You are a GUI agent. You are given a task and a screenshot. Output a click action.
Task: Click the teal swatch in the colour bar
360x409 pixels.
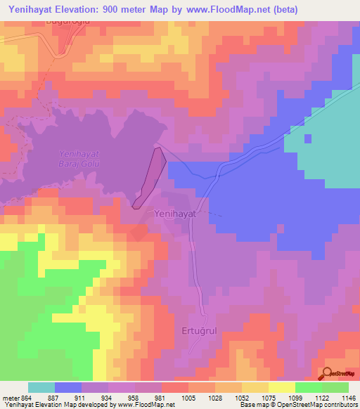point(41,387)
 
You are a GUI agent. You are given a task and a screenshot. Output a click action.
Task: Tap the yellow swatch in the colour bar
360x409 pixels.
point(281,387)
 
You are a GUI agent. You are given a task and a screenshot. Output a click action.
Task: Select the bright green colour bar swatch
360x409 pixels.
point(308,387)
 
